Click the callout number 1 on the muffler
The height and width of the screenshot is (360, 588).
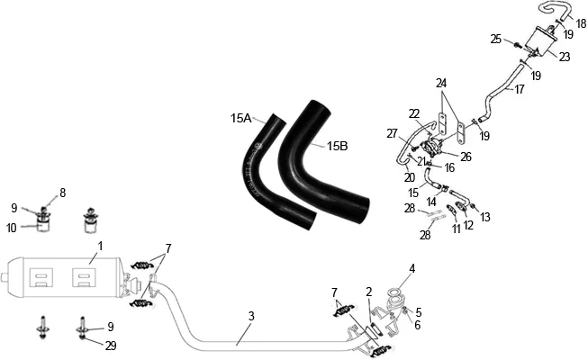point(100,247)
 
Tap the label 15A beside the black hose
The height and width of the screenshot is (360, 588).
point(240,119)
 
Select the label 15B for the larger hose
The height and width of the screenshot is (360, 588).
point(337,146)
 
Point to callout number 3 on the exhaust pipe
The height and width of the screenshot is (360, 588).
point(251,316)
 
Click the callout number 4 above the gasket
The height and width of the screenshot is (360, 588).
point(412,268)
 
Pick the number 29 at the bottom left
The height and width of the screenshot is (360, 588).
point(111,346)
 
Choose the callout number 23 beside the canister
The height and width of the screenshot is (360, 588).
point(565,57)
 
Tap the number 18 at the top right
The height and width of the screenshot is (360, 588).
point(581,23)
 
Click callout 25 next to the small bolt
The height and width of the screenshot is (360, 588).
point(496,39)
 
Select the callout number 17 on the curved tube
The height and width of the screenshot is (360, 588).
point(519,89)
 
